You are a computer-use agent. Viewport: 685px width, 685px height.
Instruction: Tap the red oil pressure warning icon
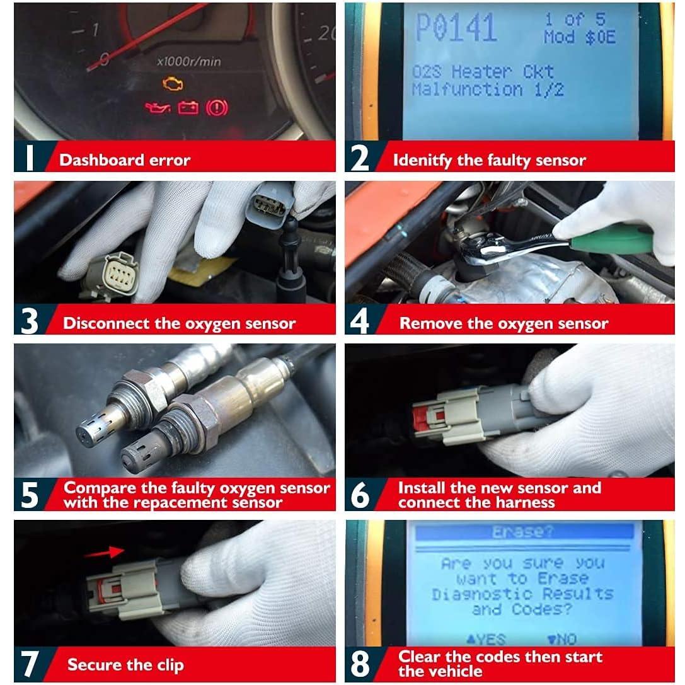[x=158, y=108]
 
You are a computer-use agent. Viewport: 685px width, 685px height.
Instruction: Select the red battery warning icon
[x=188, y=108]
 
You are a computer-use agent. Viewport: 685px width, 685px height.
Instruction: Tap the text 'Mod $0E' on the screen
[x=579, y=37]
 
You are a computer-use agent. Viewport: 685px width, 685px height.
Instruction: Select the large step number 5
[x=30, y=495]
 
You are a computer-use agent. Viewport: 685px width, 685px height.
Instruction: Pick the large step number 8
[x=360, y=664]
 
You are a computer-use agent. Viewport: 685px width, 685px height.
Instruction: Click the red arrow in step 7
[x=104, y=552]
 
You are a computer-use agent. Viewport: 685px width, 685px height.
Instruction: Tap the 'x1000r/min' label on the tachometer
[x=188, y=62]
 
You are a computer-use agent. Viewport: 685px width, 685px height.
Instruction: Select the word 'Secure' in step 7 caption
[x=93, y=664]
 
